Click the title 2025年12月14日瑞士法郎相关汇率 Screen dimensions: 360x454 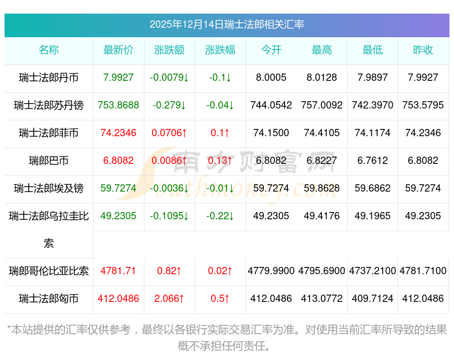(x=227, y=25)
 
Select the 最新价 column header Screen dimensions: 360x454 (x=118, y=50)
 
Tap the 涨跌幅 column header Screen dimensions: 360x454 (x=220, y=50)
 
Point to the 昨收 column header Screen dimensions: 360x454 (x=423, y=50)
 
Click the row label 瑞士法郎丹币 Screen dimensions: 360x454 (x=49, y=78)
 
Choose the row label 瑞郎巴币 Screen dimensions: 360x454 (x=49, y=160)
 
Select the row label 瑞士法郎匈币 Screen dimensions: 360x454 (x=49, y=299)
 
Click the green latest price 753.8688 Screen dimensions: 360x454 (x=118, y=105)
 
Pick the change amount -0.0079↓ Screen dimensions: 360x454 (x=169, y=78)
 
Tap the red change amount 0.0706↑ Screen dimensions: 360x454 (x=169, y=133)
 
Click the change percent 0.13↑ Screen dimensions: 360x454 (x=220, y=160)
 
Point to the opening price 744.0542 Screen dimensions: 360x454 (x=271, y=105)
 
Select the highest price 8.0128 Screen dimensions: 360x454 (x=322, y=78)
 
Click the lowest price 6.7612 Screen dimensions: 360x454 (x=372, y=160)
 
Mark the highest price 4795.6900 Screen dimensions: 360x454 (x=322, y=271)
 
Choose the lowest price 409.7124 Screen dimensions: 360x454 (x=372, y=299)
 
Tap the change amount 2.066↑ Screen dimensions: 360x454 (x=169, y=299)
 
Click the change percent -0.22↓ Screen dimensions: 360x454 (x=220, y=216)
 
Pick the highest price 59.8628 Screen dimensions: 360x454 (x=322, y=188)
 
